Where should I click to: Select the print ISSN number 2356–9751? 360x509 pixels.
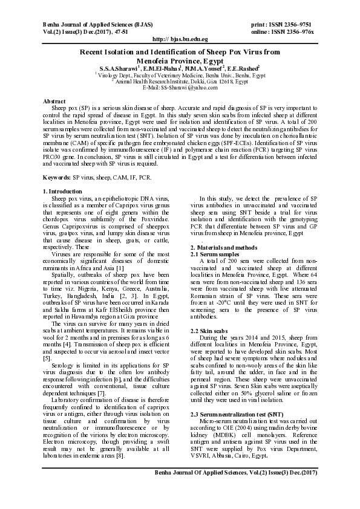(305, 23)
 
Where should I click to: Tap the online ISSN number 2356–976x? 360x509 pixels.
(309, 30)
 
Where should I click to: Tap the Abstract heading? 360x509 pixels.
(55, 100)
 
